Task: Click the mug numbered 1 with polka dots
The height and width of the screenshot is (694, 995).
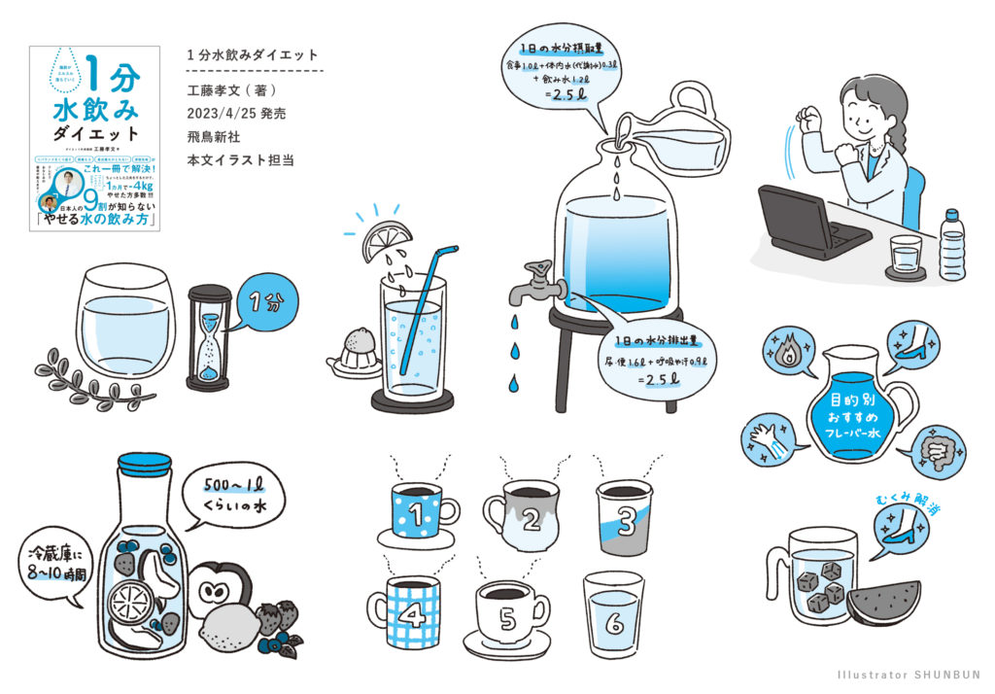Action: pos(416,507)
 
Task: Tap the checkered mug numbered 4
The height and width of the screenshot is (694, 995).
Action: pos(406,611)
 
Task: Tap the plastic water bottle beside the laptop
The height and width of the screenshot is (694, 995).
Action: pos(951,246)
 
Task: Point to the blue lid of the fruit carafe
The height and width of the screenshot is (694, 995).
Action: pos(145,464)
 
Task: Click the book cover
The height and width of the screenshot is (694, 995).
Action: pos(94,138)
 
